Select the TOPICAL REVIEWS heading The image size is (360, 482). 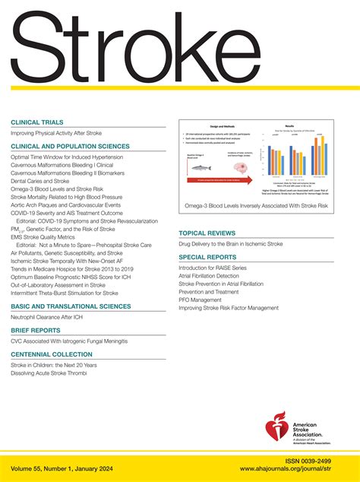(x=210, y=232)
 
